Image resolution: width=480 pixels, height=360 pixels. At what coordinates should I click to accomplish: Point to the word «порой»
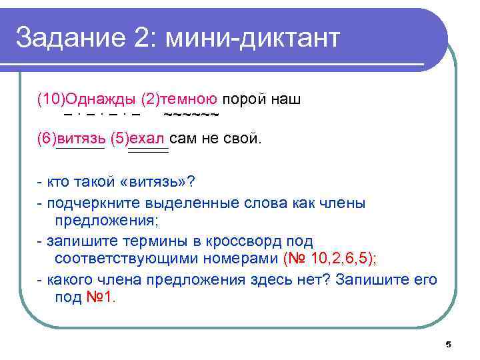coord(244,100)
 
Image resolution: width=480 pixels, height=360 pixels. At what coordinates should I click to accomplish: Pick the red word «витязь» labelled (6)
coord(81,139)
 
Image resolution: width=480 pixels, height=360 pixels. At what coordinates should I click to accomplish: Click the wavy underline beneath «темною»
coord(191,115)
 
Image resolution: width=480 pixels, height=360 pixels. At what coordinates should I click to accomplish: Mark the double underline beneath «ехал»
coord(148,152)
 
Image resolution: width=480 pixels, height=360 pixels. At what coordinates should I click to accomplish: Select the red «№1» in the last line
coord(100,296)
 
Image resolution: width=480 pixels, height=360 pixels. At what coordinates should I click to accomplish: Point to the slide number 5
coord(448,345)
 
